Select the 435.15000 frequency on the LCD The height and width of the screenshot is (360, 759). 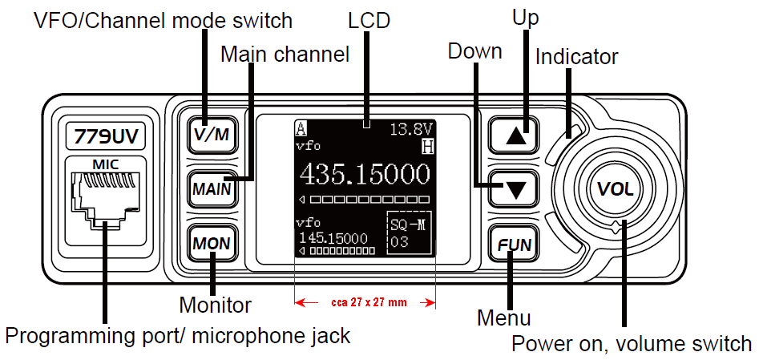point(365,174)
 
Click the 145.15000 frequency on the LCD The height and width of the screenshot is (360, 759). point(333,238)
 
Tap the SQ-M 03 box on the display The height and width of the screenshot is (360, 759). point(408,233)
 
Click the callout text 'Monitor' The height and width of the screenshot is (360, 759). point(215,305)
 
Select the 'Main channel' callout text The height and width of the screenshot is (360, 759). point(285,55)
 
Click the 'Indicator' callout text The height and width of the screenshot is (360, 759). point(576,57)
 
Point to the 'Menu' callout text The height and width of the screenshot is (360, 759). point(503,318)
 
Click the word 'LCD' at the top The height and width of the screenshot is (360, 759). point(369,20)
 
